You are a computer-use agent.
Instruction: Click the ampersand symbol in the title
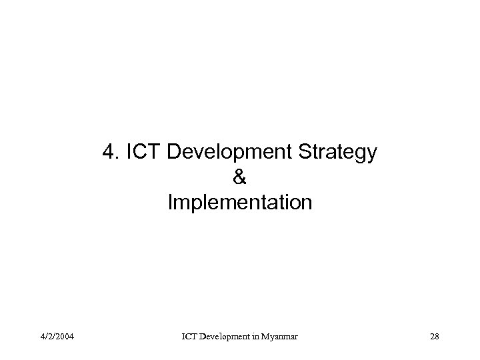pos(240,177)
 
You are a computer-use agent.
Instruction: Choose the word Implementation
pos(240,202)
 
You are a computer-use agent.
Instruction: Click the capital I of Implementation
pos(171,201)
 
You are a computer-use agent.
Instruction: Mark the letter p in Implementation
pos(193,203)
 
